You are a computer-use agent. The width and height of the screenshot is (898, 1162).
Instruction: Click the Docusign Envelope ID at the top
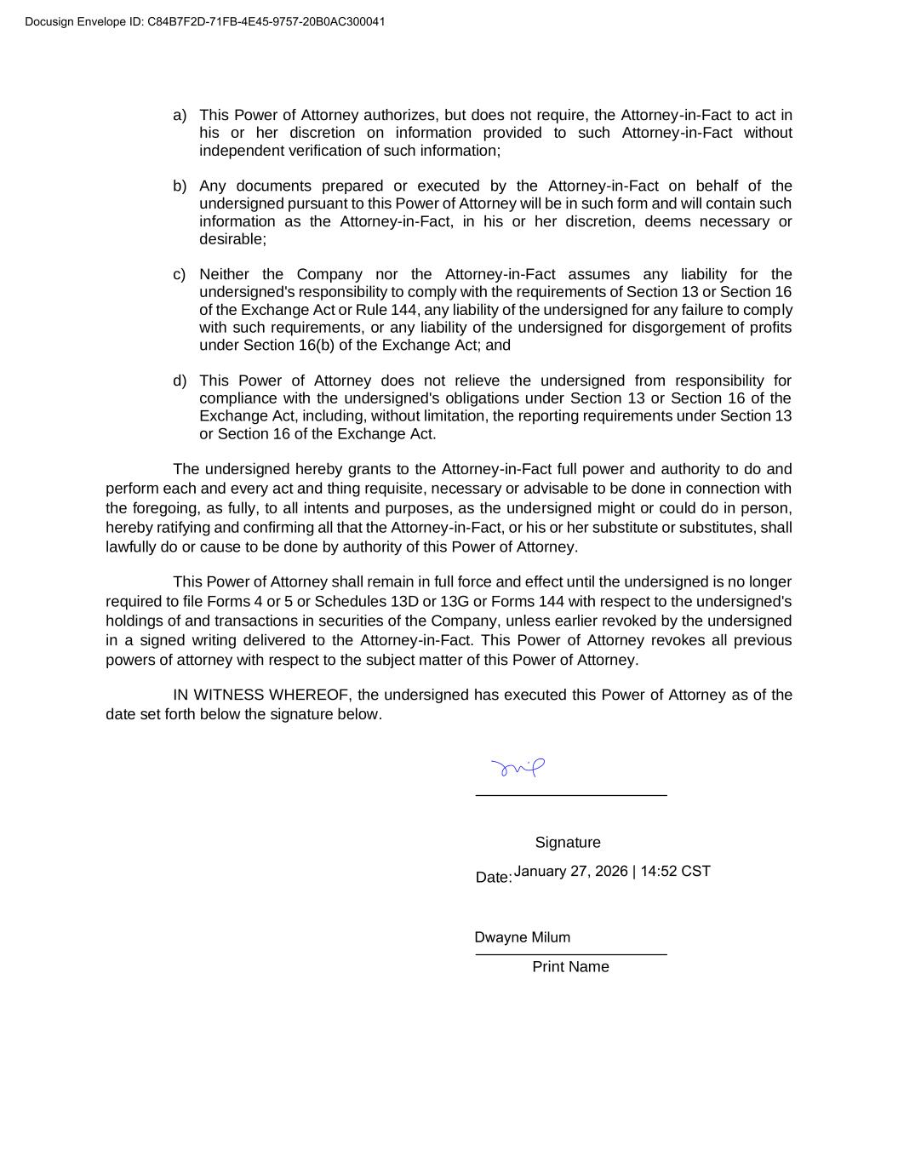click(204, 21)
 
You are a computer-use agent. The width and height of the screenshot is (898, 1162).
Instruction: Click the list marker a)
click(180, 115)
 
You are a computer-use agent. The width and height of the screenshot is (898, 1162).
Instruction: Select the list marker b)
click(180, 186)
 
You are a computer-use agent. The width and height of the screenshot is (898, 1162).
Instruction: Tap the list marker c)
click(180, 274)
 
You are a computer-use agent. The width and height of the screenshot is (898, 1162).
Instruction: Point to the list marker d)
click(180, 381)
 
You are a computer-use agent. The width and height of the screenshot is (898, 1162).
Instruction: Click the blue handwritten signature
click(518, 768)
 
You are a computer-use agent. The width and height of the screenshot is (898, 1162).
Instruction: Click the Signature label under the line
click(568, 842)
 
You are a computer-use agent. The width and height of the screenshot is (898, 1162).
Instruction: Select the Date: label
click(494, 877)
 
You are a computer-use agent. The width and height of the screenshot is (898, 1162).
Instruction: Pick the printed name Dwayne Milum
click(523, 937)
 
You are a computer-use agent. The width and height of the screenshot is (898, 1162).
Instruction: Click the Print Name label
click(570, 966)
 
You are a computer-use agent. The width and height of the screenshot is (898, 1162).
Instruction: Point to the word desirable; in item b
click(232, 239)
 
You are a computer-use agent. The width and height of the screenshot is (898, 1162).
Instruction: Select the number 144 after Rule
click(404, 310)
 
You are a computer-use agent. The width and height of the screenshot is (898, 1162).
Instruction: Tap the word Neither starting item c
click(225, 274)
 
